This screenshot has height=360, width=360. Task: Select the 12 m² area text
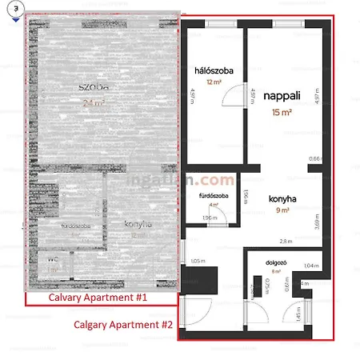[x=213, y=82]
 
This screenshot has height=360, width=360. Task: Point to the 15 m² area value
[x=282, y=112]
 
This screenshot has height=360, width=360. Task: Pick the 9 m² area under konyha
[x=283, y=210]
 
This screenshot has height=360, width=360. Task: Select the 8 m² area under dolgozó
[x=276, y=271]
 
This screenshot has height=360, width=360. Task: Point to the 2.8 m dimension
[x=286, y=241]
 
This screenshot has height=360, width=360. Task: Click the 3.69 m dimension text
[x=318, y=217]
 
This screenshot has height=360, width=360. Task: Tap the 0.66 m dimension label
[x=314, y=158]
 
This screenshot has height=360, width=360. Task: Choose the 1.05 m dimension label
[x=198, y=261]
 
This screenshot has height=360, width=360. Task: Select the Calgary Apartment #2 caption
[x=123, y=325]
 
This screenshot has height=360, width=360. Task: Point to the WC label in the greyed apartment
[x=53, y=260]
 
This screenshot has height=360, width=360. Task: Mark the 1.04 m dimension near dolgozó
[x=311, y=266]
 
